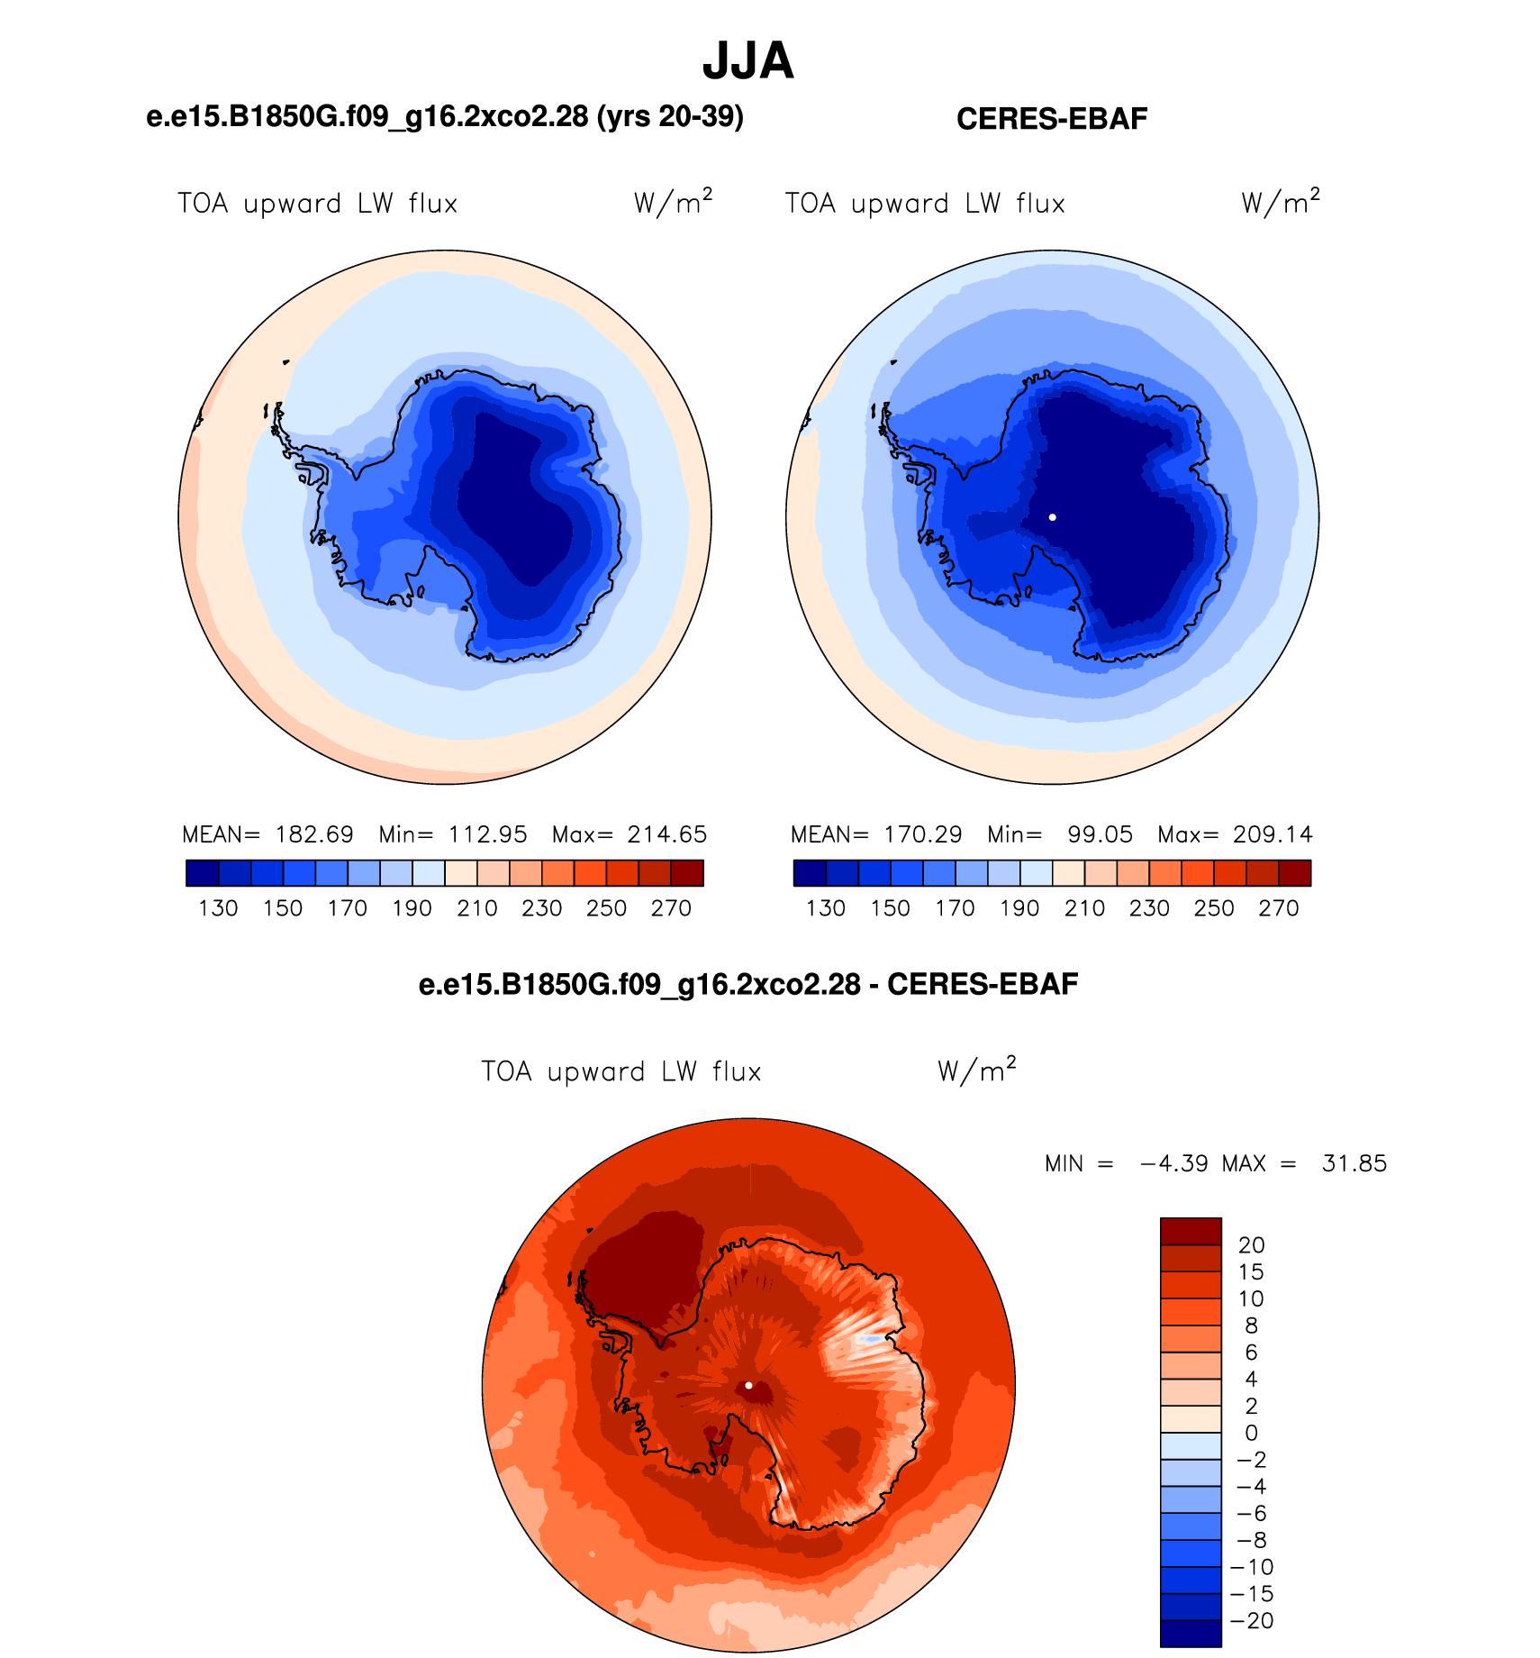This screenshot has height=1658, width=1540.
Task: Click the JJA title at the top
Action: coord(747,61)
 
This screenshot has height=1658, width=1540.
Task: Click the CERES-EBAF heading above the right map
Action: coord(1052,119)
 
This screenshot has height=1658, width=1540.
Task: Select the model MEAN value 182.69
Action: coord(314,834)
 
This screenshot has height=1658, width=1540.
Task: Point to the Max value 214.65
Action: coord(667,834)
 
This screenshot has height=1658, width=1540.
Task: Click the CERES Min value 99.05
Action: coord(1100,834)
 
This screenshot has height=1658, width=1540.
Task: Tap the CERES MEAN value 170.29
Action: coord(923,834)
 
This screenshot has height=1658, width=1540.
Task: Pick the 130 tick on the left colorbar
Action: coord(218,908)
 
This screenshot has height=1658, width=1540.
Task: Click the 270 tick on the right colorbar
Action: coord(1279,908)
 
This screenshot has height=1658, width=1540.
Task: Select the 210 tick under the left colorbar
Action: coord(477,908)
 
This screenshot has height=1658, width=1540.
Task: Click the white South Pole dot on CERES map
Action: coord(1052,517)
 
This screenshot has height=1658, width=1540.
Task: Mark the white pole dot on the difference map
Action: coord(748,1385)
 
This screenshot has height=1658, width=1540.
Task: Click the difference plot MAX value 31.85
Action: coord(1354,1163)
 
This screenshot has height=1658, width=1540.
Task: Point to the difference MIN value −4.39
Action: coord(1173,1163)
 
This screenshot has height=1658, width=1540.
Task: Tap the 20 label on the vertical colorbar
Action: coord(1252,1245)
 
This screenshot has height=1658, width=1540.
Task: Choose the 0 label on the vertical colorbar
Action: coord(1251,1433)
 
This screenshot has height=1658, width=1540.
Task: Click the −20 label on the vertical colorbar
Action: coord(1253,1621)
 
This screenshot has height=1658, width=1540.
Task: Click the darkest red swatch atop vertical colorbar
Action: coord(1191,1231)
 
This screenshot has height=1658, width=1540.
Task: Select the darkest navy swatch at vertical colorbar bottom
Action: coord(1191,1634)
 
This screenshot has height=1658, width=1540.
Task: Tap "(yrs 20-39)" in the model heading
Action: coord(670,116)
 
